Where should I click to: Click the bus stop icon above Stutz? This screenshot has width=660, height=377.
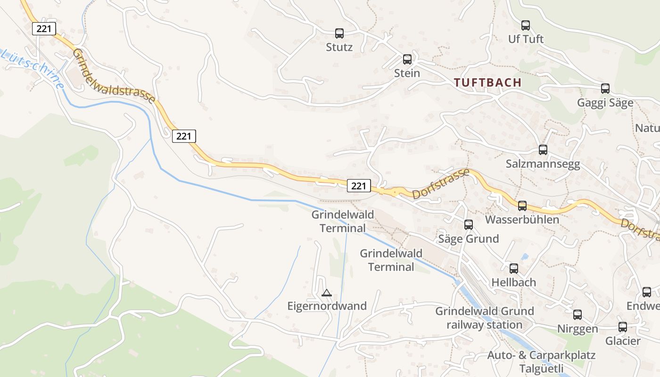pos(339,33)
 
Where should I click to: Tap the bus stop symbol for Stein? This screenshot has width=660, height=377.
pos(407,59)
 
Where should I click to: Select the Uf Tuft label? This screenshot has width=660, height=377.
pos(526,39)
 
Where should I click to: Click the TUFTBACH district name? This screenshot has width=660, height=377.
pos(487,82)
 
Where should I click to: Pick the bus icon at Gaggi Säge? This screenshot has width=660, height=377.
pos(605,89)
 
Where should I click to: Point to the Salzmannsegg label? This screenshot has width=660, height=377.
pos(543,164)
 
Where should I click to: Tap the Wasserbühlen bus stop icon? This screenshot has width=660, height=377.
pos(522,206)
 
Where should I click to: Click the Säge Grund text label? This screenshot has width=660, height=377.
pos(468,239)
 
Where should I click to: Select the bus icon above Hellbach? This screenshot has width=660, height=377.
pos(513,269)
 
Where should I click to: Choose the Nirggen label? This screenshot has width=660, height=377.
pos(577,328)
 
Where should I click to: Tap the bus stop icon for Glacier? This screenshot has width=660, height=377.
pos(623,327)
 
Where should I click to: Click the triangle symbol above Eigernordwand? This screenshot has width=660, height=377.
pos(326,293)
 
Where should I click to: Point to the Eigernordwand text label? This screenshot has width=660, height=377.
pos(327,306)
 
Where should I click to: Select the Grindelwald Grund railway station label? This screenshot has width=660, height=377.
pos(484,318)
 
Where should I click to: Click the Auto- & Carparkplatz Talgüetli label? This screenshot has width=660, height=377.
pos(541,361)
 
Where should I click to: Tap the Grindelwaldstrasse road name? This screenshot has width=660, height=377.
pos(114,76)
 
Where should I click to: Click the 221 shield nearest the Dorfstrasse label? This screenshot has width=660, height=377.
pos(358,186)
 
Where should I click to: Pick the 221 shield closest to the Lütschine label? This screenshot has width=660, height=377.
pos(44,29)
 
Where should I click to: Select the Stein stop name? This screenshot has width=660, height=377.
pos(407,74)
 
